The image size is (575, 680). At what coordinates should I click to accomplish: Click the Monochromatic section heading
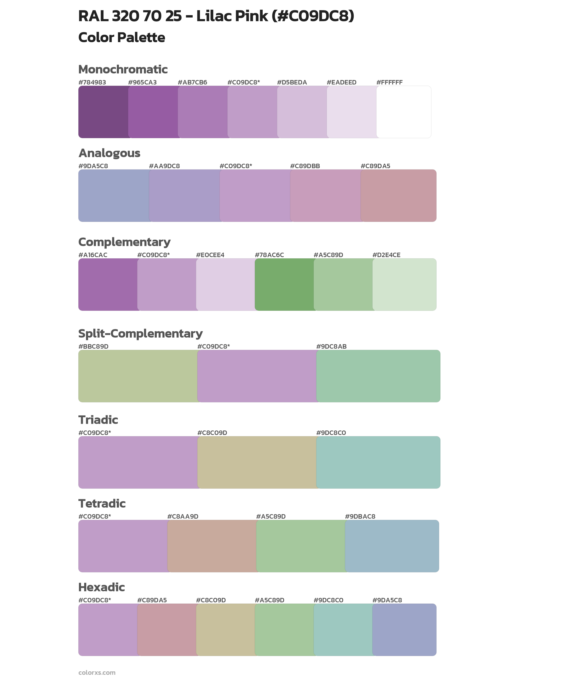tap(123, 70)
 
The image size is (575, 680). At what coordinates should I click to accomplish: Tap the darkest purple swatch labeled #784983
tap(103, 112)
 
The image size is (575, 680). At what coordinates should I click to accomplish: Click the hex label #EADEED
tap(341, 82)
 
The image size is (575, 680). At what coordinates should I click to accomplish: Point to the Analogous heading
tap(109, 153)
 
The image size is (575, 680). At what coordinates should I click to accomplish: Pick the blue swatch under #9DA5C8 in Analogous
tap(113, 196)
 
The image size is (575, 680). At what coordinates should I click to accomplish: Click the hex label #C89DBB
tap(305, 166)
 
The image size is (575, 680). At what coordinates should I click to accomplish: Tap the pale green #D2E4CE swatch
tap(404, 284)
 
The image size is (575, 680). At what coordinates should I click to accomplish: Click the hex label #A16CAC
tap(93, 255)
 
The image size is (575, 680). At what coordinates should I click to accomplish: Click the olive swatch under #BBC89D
tap(137, 376)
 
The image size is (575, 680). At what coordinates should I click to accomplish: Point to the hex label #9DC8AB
tap(331, 346)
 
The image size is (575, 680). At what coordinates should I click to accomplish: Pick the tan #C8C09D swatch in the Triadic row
tap(257, 462)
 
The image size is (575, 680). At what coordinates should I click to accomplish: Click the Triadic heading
tap(98, 420)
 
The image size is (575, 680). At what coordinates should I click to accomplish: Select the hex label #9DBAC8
tap(360, 516)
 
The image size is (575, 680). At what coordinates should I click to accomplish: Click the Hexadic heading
tap(101, 587)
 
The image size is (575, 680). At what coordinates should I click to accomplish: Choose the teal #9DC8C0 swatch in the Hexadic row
tap(343, 630)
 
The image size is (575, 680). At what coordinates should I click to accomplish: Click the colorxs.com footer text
tap(97, 672)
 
